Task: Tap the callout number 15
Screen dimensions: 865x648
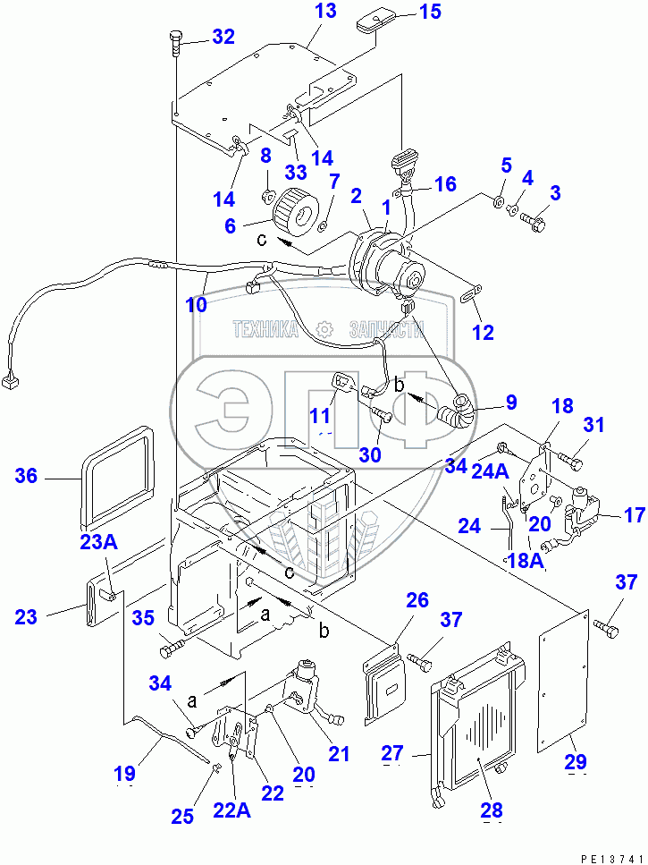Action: coord(430,12)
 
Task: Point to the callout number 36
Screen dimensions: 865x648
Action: coord(27,477)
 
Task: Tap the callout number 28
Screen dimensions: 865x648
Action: coord(490,810)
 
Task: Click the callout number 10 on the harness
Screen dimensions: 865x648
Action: coord(196,304)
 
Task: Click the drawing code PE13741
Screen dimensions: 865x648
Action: coord(611,856)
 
